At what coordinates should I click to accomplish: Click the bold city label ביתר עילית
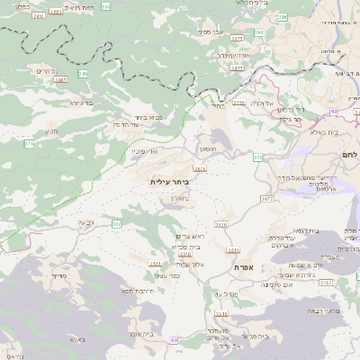point(170,182)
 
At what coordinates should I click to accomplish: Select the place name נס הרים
point(47,70)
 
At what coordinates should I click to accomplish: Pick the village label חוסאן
point(210,152)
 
